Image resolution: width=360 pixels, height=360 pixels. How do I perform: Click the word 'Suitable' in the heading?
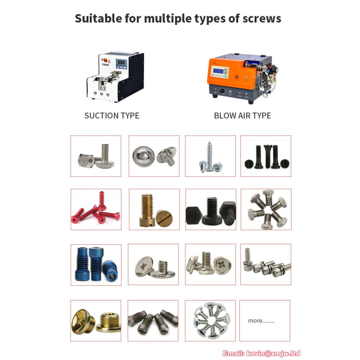click(98, 18)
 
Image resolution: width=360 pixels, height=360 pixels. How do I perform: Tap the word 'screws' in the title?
click(262, 19)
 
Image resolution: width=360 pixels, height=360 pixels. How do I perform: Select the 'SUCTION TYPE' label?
click(112, 116)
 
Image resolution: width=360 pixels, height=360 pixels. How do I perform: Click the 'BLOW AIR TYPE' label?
click(243, 116)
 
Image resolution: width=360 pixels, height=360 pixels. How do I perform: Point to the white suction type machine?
click(115, 77)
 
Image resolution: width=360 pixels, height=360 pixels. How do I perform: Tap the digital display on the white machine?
click(121, 62)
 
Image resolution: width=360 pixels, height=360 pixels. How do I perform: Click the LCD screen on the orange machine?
click(218, 71)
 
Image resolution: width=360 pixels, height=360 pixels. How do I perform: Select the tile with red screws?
click(96, 209)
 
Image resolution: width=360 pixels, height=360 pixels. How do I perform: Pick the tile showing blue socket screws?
click(96, 265)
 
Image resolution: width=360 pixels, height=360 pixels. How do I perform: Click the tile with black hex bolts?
click(211, 209)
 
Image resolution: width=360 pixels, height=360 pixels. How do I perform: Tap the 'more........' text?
click(261, 320)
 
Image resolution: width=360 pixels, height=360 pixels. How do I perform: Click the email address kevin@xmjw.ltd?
click(273, 353)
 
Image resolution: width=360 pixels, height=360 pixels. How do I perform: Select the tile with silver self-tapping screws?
click(211, 156)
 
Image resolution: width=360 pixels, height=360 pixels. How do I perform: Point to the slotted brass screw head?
click(164, 218)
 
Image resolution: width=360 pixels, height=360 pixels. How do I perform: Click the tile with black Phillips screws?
click(265, 156)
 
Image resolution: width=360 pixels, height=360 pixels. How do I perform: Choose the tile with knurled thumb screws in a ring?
click(266, 209)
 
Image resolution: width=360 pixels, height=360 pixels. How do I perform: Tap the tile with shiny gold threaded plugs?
click(96, 321)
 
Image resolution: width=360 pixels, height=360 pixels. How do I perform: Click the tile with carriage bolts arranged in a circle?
click(210, 321)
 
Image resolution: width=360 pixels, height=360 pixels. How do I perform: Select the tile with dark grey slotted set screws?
click(153, 321)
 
